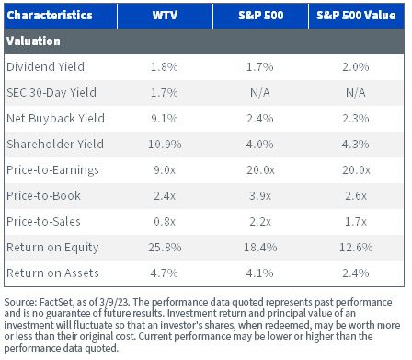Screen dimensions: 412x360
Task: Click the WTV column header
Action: click(x=165, y=16)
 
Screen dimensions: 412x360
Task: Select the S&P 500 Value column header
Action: click(x=356, y=16)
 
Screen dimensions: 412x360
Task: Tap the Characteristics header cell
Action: click(x=50, y=16)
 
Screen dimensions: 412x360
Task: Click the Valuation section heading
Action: click(x=33, y=41)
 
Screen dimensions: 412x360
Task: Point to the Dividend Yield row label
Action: click(x=45, y=67)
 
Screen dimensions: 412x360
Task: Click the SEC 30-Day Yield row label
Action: click(x=51, y=93)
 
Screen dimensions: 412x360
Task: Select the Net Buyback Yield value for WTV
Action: click(x=165, y=119)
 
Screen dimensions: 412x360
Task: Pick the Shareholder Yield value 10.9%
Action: click(x=165, y=145)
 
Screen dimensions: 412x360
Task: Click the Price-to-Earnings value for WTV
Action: click(x=165, y=170)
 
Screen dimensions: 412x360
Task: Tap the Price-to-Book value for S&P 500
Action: click(x=260, y=196)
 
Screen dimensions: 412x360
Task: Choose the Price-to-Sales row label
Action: click(x=43, y=222)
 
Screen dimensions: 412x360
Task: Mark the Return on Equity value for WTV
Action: click(x=165, y=248)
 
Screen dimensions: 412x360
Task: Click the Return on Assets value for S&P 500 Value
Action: click(x=356, y=273)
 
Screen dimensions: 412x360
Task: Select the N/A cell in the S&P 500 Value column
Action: click(x=356, y=93)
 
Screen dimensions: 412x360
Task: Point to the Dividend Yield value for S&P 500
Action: click(x=260, y=67)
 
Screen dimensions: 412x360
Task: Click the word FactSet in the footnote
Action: click(x=56, y=302)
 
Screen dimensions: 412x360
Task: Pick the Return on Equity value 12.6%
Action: click(x=356, y=248)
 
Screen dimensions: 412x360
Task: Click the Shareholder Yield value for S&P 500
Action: click(x=260, y=145)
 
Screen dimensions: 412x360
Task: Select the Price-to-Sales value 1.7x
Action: click(x=356, y=222)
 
